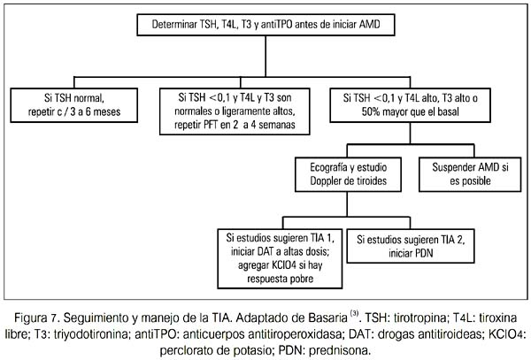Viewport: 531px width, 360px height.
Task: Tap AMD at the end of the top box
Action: tap(369, 25)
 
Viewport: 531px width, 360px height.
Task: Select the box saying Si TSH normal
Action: tap(74, 105)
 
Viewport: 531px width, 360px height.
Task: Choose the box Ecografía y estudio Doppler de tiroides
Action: tap(348, 174)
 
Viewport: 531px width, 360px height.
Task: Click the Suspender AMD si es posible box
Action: tap(470, 174)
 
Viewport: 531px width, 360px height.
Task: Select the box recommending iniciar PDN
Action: tap(411, 246)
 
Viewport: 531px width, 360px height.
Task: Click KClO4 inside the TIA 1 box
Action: tap(284, 265)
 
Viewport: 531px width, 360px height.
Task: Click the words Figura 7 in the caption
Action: tap(36, 318)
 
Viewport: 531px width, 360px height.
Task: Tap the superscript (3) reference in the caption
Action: tap(354, 314)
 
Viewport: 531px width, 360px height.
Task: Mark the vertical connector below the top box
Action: tap(265, 56)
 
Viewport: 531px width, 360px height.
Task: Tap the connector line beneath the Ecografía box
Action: tap(347, 204)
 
